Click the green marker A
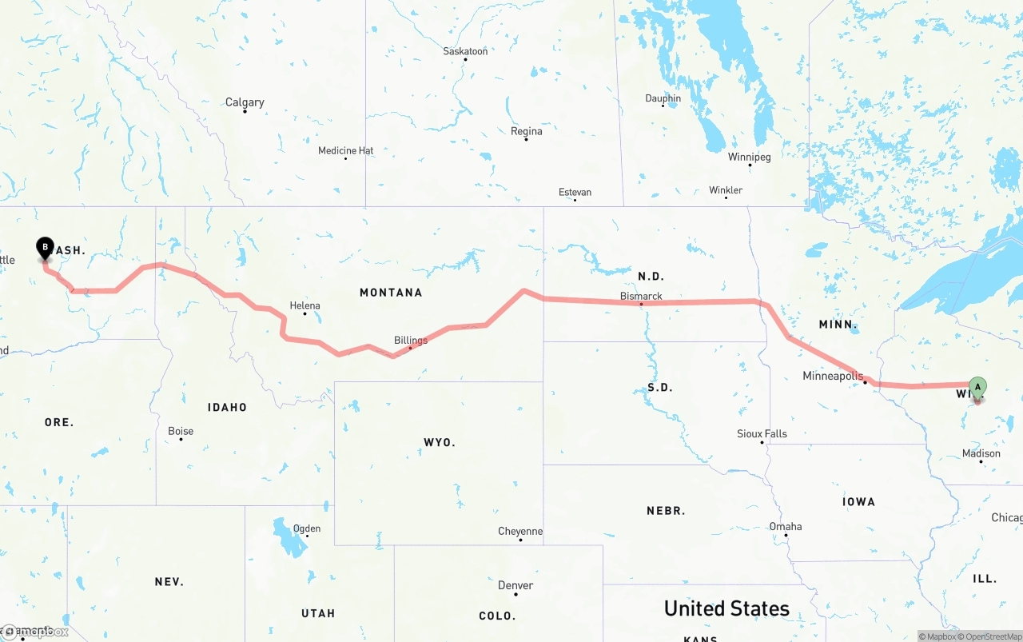tap(977, 387)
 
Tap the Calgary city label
tap(245, 102)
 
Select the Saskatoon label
tap(465, 51)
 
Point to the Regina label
tap(526, 131)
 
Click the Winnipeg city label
tap(749, 157)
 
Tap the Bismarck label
tap(641, 296)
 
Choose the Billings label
tap(411, 340)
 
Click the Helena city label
tap(305, 305)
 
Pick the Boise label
tap(181, 431)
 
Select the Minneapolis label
tap(833, 376)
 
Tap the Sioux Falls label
tap(762, 433)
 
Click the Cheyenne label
tap(520, 531)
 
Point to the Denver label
tap(515, 585)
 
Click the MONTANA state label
tap(391, 293)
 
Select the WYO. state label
tap(439, 442)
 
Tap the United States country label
tap(726, 608)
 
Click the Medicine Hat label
tap(345, 150)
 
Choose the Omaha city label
tap(786, 526)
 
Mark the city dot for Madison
tap(981, 462)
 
